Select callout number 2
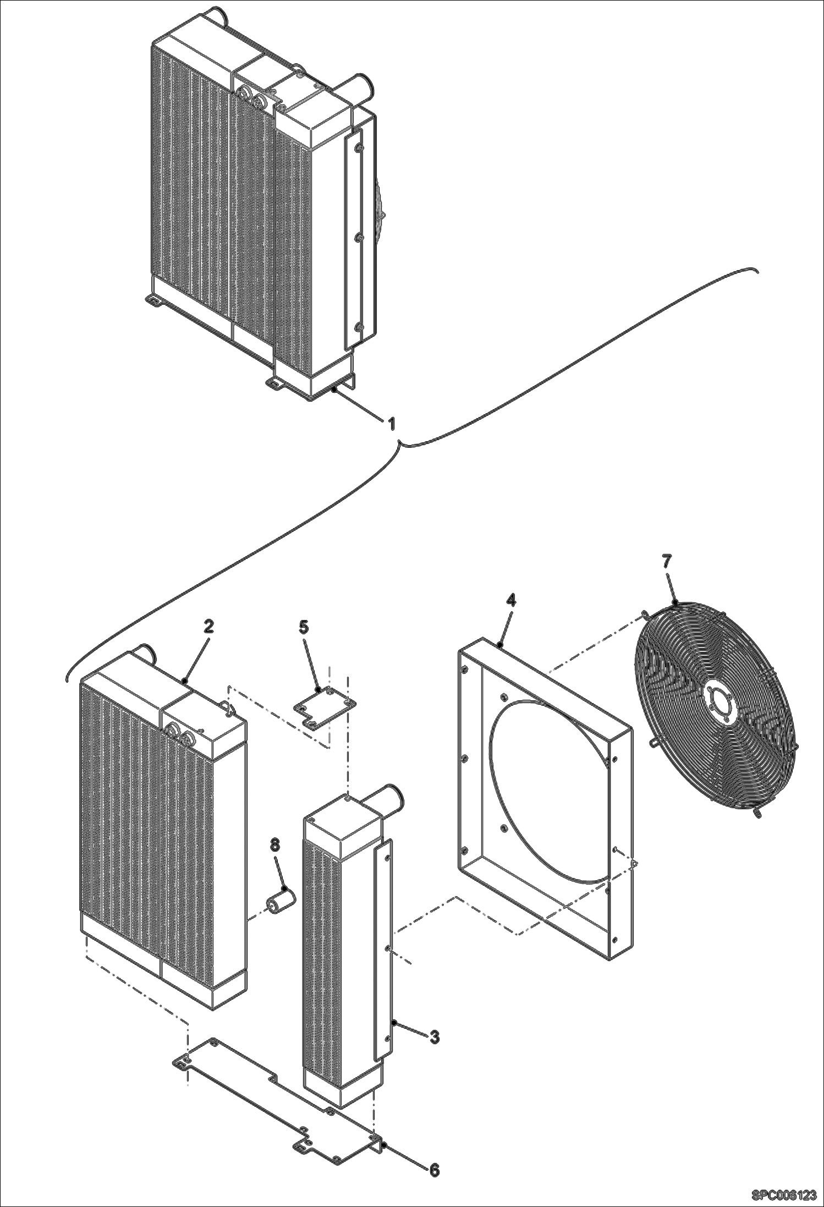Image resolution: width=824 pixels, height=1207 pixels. point(208,627)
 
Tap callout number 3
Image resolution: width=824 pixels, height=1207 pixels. point(434,1038)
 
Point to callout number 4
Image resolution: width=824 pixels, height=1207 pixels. point(510,600)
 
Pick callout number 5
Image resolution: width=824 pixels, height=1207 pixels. point(304,627)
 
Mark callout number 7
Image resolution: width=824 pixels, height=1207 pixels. point(667,562)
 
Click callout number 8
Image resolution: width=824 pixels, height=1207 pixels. point(274,844)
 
